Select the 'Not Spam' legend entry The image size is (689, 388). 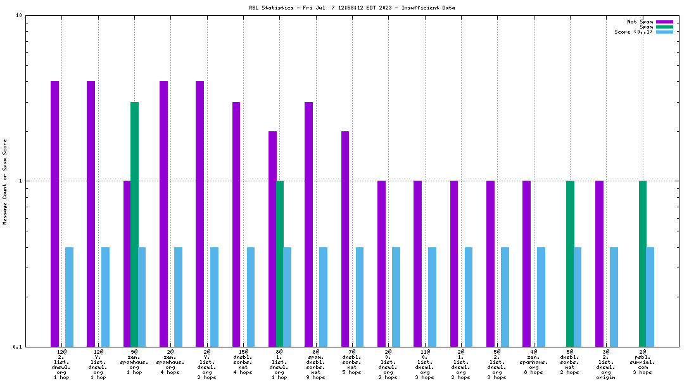pos(640,22)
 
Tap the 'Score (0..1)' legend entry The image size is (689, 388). pos(633,32)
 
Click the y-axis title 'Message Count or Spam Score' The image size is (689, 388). pos(5,182)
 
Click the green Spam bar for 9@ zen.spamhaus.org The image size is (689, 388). pos(134,224)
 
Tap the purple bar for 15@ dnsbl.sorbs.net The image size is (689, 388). pos(236,224)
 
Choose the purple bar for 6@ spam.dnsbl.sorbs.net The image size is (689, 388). pos(308,224)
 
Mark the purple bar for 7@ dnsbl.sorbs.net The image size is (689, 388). pos(345,238)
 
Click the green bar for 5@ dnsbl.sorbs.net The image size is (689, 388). pos(570,263)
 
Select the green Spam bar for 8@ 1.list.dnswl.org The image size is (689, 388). pos(280,263)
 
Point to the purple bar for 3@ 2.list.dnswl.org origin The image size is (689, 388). pos(599,263)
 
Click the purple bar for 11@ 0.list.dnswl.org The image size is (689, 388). pos(418,263)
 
